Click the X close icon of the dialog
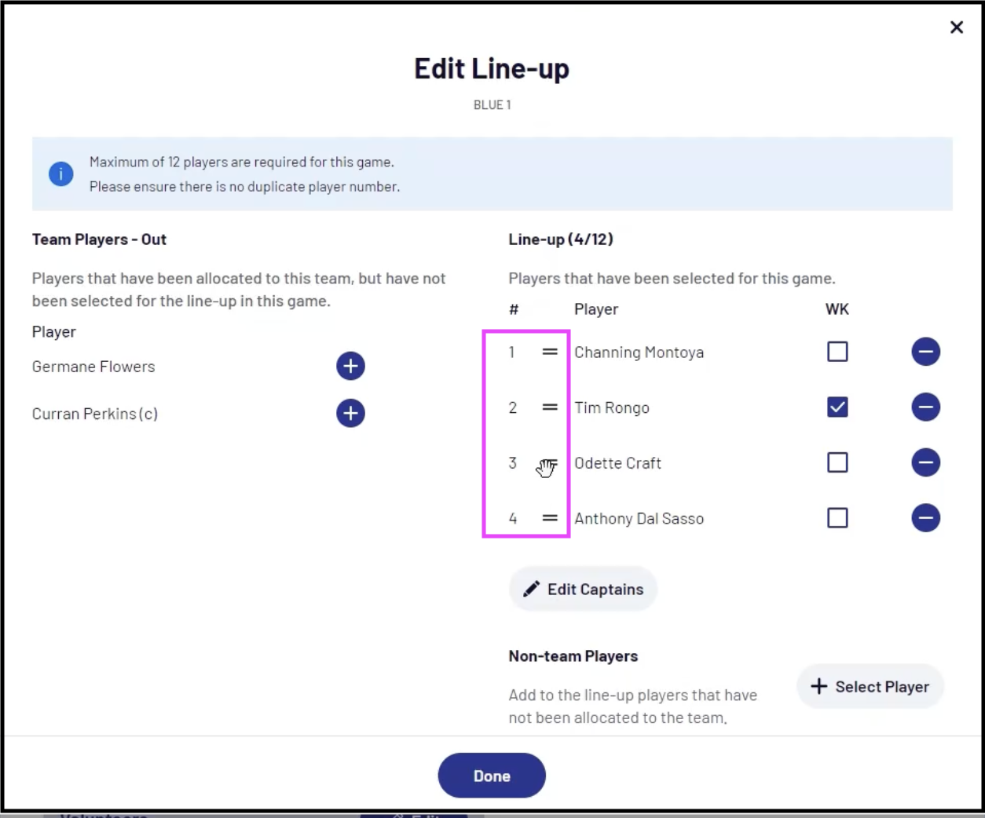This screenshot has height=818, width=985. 956,27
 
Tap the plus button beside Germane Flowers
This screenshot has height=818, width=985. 350,366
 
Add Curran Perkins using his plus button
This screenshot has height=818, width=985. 350,413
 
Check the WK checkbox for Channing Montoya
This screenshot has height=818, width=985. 837,352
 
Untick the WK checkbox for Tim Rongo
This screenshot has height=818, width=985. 837,407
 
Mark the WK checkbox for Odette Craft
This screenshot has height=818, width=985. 837,462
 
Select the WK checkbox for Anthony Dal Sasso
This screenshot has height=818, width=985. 837,517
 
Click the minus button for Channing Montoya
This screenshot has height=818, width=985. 925,352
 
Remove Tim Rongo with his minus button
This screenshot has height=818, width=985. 925,407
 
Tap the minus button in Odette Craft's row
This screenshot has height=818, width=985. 925,462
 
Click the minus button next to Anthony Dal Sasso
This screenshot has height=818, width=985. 925,517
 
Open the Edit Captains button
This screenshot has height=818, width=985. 583,589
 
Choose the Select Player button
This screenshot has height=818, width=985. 870,686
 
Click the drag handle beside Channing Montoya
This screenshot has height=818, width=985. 550,352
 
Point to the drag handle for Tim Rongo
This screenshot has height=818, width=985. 550,407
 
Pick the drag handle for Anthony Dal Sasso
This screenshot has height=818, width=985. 550,517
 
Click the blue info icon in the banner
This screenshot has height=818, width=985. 60,174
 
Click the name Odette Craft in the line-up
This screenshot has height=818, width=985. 617,463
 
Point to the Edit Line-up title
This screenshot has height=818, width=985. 492,69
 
